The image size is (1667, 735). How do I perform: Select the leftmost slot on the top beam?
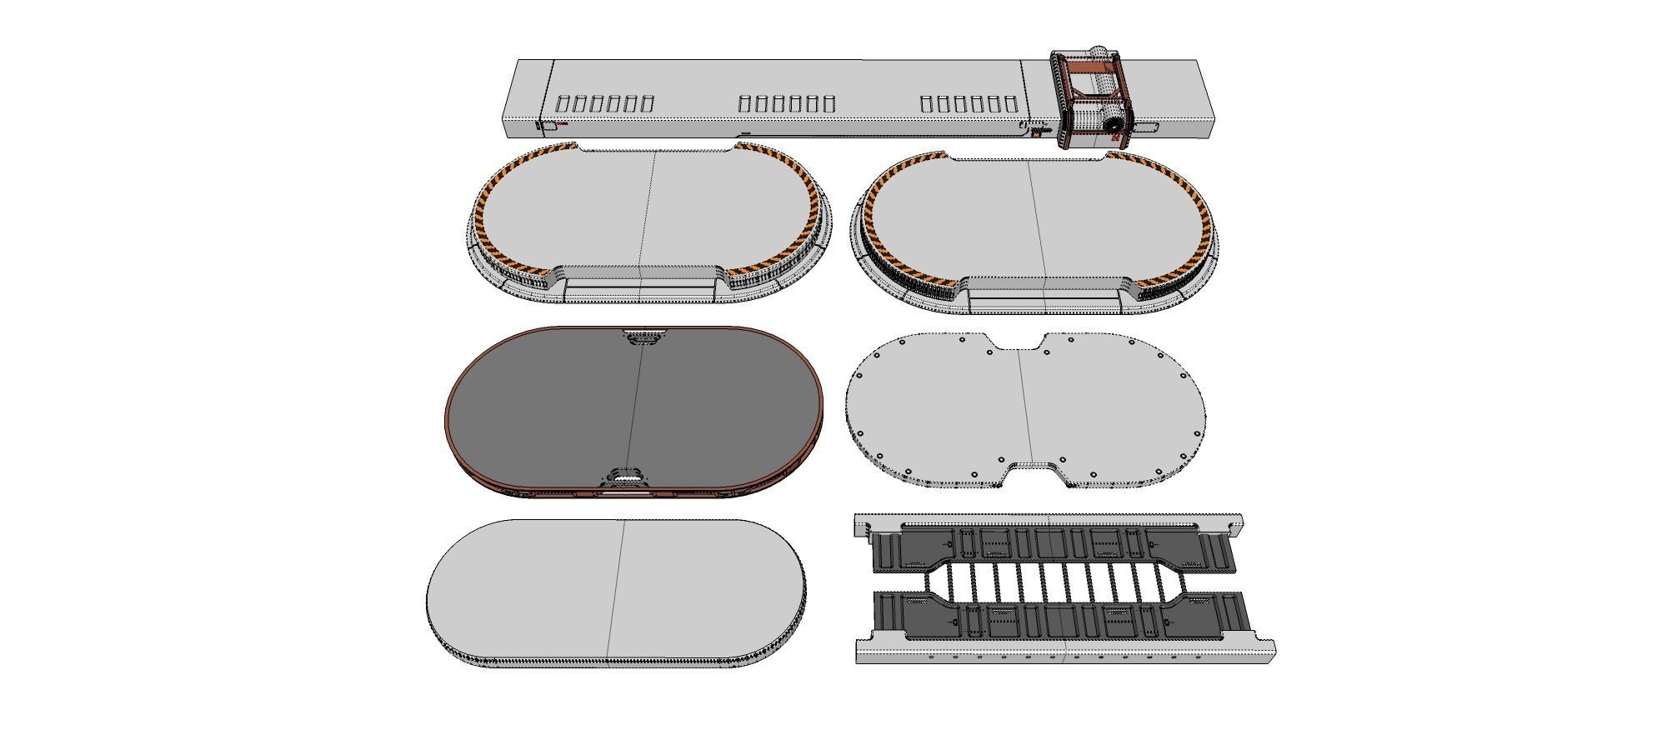(x=563, y=104)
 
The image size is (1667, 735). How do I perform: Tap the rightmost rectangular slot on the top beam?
(x=1012, y=104)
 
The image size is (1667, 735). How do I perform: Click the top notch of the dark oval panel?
(x=642, y=338)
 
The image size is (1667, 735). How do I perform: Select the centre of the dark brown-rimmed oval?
(x=633, y=408)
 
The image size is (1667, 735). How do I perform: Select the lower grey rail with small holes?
(x=1067, y=654)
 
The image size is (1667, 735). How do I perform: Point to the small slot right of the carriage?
(x=1148, y=127)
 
